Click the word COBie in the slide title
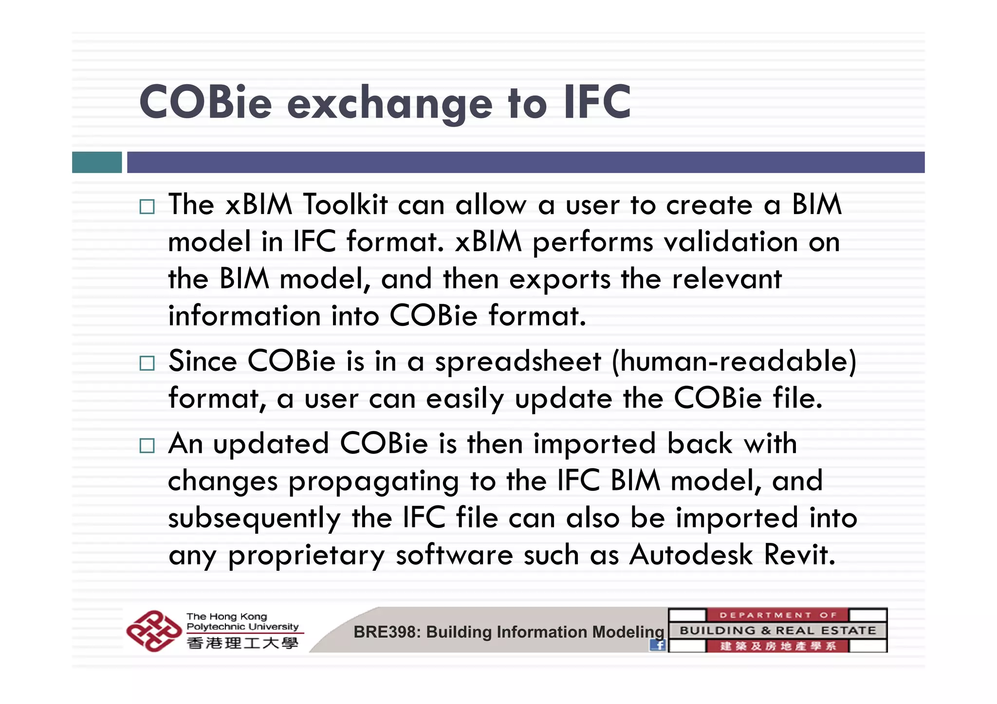[205, 102]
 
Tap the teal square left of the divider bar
[97, 162]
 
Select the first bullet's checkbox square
[147, 207]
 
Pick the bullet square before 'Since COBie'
[147, 363]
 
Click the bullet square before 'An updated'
[147, 446]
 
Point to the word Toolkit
[345, 204]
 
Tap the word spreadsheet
[518, 361]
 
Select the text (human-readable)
[734, 361]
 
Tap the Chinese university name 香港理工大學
[242, 643]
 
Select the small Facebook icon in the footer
[658, 645]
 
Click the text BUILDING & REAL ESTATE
[777, 631]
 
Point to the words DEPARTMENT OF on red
[777, 615]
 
